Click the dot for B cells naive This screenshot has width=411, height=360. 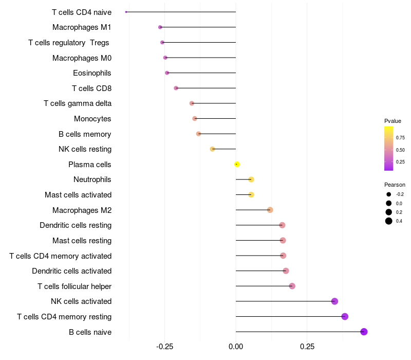tap(364, 332)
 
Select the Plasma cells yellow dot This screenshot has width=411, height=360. tap(237, 164)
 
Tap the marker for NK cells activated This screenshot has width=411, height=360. tap(334, 301)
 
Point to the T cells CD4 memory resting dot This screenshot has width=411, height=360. tap(345, 316)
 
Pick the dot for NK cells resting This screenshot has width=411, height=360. tap(212, 149)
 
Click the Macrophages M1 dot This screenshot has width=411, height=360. tap(160, 27)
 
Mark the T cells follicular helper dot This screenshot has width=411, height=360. tap(292, 286)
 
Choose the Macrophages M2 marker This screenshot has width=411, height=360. tap(270, 210)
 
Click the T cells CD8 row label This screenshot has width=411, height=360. tap(91, 88)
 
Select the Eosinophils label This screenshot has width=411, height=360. tap(92, 73)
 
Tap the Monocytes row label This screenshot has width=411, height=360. tap(92, 119)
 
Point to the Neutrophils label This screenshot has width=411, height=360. tap(92, 179)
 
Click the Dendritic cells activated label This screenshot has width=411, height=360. tap(71, 271)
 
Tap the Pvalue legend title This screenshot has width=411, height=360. tap(393, 121)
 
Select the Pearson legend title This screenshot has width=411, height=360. tap(395, 185)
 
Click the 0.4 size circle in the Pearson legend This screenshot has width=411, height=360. tap(389, 221)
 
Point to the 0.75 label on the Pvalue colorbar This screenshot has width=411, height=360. tap(400, 138)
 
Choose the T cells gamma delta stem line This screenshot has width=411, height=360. tap(214, 103)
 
